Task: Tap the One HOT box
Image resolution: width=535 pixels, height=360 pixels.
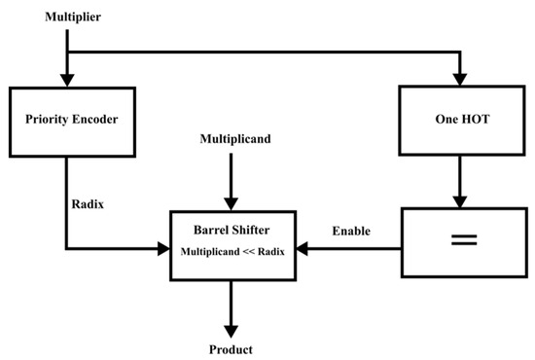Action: click(x=460, y=120)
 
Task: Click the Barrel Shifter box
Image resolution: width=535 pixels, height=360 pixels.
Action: click(x=232, y=249)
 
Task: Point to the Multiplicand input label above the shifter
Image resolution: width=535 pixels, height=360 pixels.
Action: click(x=231, y=139)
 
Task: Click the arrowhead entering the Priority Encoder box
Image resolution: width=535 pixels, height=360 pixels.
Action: click(x=67, y=80)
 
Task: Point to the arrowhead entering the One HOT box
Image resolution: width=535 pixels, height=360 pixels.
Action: click(x=460, y=80)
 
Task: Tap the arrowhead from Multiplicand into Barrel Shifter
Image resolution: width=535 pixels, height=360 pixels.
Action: click(x=232, y=201)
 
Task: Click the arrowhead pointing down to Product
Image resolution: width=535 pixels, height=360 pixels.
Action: click(x=232, y=329)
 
